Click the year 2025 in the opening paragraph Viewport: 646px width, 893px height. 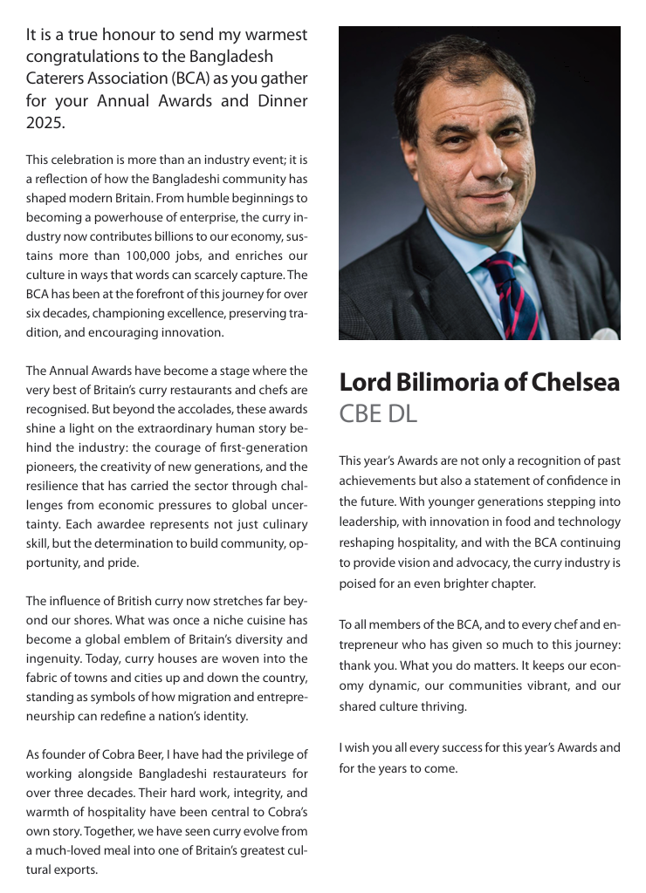pos(45,123)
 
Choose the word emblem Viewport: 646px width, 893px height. pos(139,639)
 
